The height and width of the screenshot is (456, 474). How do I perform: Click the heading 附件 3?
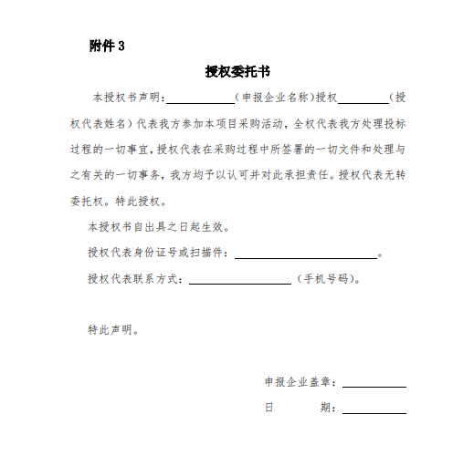pos(106,47)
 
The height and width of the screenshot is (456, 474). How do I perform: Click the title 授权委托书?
pos(236,70)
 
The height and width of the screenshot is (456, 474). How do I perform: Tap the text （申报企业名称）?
pos(273,97)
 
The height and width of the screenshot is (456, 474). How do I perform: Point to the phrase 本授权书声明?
pos(125,97)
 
